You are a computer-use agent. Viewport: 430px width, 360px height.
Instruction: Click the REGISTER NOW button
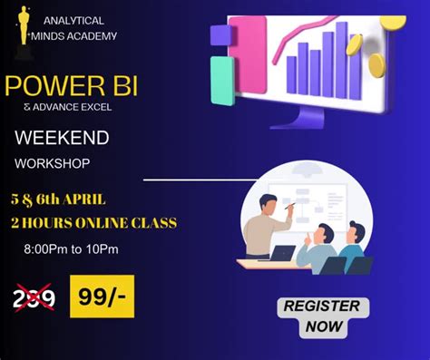point(321,315)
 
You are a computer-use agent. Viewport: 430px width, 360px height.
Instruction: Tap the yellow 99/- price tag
point(102,296)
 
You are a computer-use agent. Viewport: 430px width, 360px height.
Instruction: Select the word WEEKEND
point(62,138)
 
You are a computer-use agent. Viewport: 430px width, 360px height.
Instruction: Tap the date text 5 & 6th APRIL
point(58,199)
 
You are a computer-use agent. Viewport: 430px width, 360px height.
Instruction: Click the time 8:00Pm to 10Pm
point(71,248)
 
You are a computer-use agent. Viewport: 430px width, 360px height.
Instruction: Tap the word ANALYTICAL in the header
point(73,20)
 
